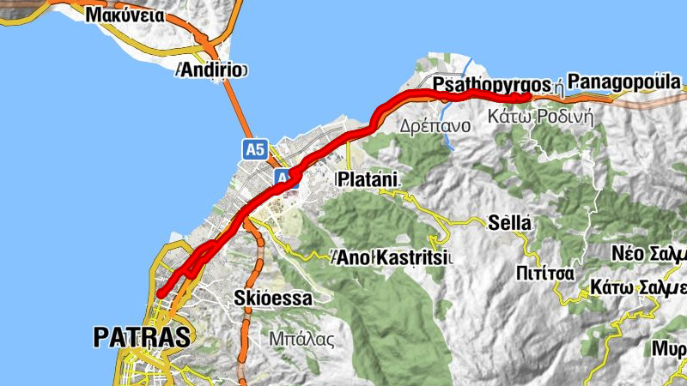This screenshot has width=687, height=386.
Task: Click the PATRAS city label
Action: pyautogui.click(x=142, y=337)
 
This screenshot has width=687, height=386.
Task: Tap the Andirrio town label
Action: pyautogui.click(x=211, y=70)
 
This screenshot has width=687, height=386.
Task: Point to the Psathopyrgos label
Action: pyautogui.click(x=491, y=86)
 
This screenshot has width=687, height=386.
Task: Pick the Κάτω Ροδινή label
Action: pyautogui.click(x=541, y=118)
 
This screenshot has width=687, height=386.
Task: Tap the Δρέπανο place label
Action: pyautogui.click(x=435, y=125)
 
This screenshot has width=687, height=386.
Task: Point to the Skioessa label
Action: pyautogui.click(x=271, y=299)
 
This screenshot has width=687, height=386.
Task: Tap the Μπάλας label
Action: pyautogui.click(x=301, y=338)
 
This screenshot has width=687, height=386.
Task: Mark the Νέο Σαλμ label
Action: pyautogui.click(x=649, y=255)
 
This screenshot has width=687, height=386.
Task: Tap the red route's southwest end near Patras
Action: pyautogui.click(x=161, y=294)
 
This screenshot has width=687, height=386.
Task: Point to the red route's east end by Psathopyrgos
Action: pyautogui.click(x=527, y=97)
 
